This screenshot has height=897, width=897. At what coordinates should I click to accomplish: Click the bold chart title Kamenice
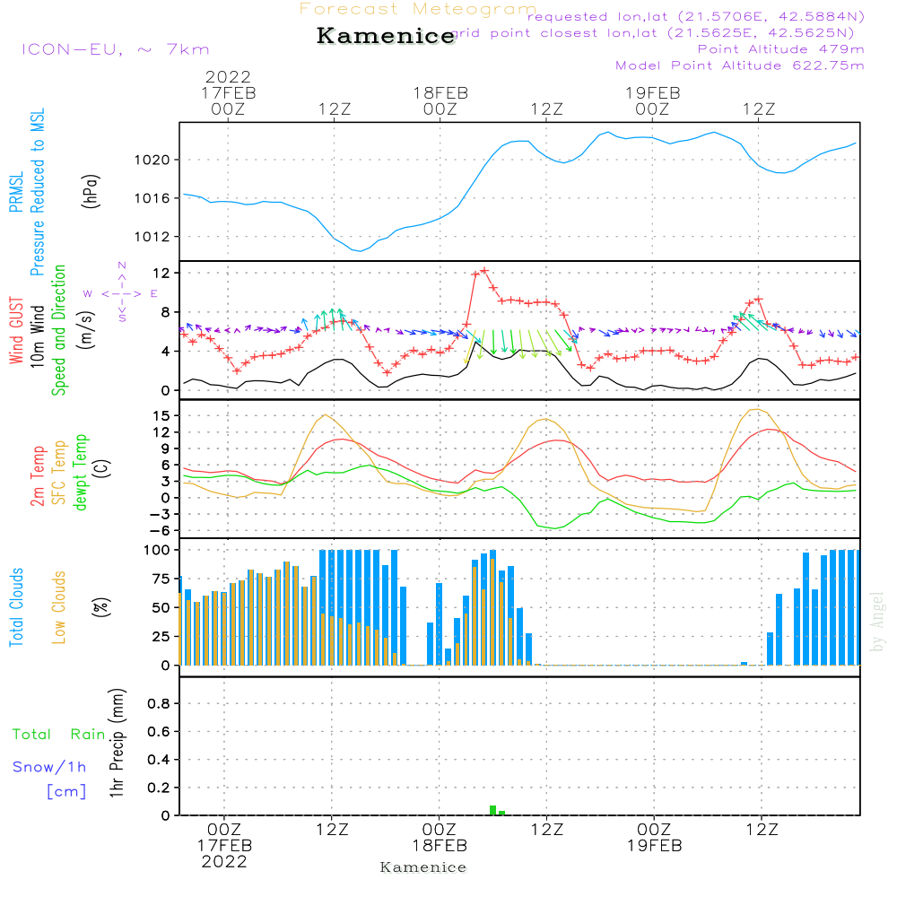coord(386,37)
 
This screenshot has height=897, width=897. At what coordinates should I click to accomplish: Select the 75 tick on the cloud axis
coord(161,579)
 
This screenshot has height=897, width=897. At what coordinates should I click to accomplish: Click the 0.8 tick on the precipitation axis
coord(159,703)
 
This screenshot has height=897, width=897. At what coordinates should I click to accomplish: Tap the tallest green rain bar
coord(492,810)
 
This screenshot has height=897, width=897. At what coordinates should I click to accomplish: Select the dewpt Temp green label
coord(81,473)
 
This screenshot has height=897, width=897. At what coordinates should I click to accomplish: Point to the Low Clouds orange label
coord(59,605)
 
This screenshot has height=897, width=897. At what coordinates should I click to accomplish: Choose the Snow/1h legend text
coord(49,767)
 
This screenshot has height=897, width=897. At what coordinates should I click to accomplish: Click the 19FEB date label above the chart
coord(652,92)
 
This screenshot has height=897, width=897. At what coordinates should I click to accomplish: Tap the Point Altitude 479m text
coord(780,48)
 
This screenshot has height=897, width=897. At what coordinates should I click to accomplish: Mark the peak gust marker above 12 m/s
coord(484,270)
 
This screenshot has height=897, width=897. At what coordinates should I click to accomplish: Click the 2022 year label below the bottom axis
coord(223,862)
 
